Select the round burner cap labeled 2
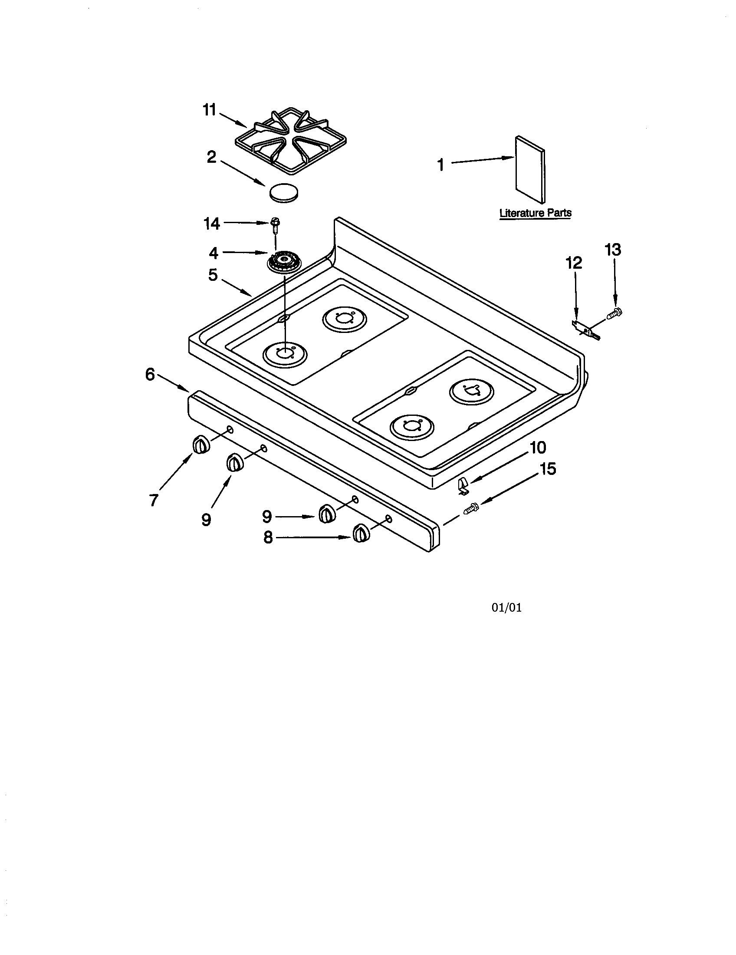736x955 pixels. (x=284, y=192)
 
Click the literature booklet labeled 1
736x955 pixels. (x=530, y=169)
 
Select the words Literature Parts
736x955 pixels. (x=536, y=213)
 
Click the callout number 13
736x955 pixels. (x=613, y=250)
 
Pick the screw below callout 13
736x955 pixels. (x=614, y=312)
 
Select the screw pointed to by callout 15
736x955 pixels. (x=471, y=508)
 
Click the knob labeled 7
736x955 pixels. (x=200, y=445)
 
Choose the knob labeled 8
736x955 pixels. (x=360, y=533)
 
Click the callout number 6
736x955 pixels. (x=150, y=374)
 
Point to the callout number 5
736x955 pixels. (x=212, y=275)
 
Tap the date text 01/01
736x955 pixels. (x=506, y=607)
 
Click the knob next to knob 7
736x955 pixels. (x=234, y=462)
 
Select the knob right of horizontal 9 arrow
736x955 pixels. (x=325, y=514)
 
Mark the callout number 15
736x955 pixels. (x=547, y=469)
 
